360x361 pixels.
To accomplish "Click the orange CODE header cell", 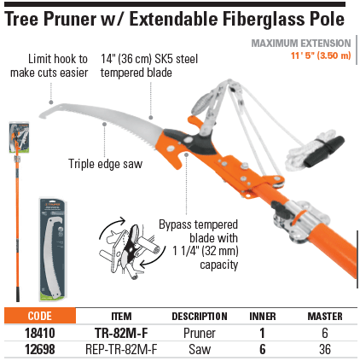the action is tap(40, 316).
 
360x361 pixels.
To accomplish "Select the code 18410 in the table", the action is tap(40, 333).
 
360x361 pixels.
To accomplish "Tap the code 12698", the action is tap(40, 349).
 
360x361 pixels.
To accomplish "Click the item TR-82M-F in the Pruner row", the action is tap(121, 333).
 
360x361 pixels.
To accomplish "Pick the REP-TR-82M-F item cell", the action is tap(121, 349).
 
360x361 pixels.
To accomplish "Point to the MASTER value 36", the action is tap(325, 349).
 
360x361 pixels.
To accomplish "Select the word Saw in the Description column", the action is tap(200, 349).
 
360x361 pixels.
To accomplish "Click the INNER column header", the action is tap(263, 317).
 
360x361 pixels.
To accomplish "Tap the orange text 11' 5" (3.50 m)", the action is tap(321, 55).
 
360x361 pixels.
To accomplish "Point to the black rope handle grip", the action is tap(324, 151).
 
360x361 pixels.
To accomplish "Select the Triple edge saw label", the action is tap(105, 164).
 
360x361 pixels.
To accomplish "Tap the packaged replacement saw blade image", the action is tap(52, 250).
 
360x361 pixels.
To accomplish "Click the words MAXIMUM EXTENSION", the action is tap(301, 44).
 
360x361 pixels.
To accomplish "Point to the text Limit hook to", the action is tap(58, 59).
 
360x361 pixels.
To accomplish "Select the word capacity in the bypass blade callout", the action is tap(218, 265).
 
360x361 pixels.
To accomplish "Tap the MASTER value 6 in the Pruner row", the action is tap(325, 333).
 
